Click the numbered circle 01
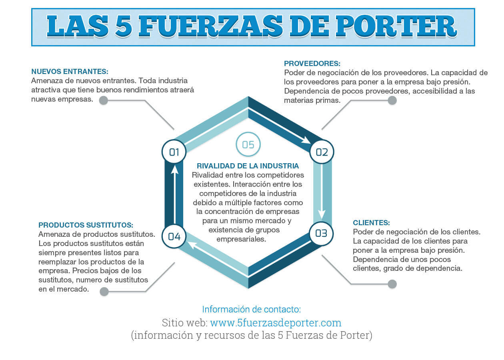174,152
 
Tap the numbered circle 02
322,152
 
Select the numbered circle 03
321,233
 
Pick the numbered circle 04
174,236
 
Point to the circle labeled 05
248,144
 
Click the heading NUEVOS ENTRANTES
70,72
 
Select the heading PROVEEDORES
312,64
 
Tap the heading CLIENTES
371,223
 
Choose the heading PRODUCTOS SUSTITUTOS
86,225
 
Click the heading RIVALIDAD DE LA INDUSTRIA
248,166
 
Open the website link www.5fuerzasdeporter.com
276,323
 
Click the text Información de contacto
251,309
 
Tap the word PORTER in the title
396,26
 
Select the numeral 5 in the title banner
124,26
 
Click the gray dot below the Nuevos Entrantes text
104,100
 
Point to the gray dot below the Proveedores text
392,100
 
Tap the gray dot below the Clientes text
392,284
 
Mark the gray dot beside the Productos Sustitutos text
104,292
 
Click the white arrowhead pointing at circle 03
322,215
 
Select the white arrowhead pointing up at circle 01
174,169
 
